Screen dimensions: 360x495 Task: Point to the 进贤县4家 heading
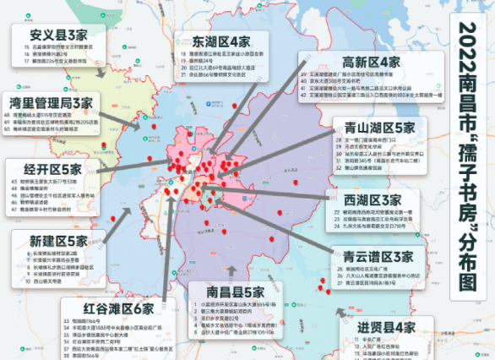click(388, 327)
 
